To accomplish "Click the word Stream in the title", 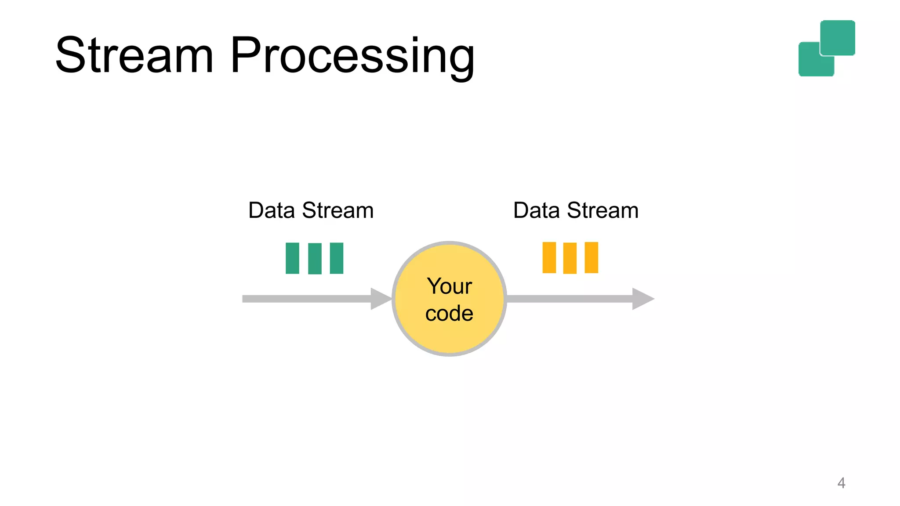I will pos(134,56).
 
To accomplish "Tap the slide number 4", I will pos(841,483).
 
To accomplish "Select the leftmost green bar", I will pos(292,258).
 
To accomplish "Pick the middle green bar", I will pos(315,259).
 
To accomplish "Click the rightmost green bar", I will pos(336,258).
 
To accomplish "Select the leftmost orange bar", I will pos(549,258).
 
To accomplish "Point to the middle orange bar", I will pos(570,258).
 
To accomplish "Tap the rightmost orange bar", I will pos(591,258).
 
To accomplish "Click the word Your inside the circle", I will pos(449,286).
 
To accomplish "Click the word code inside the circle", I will pos(449,314).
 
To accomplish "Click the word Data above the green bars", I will pos(271,210).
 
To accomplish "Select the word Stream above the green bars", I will pos(337,210).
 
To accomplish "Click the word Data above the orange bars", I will pos(536,210).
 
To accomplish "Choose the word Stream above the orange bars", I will pos(602,210).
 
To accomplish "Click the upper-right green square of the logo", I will pos(838,37).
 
